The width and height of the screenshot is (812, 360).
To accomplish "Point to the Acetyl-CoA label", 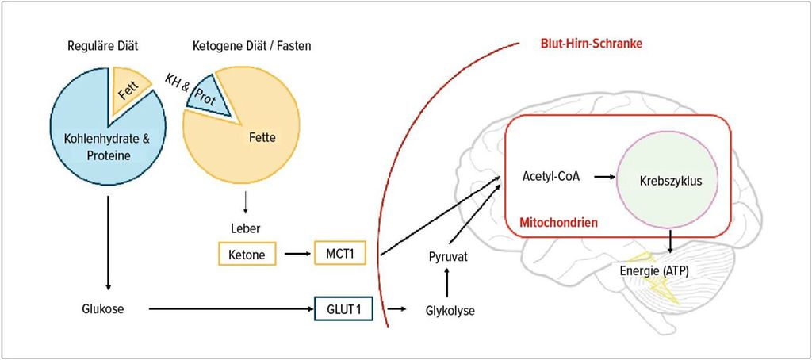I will (x=551, y=176).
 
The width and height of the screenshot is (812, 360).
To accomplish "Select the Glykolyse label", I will (x=450, y=310).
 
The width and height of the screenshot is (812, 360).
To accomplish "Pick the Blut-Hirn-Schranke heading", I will (x=590, y=44).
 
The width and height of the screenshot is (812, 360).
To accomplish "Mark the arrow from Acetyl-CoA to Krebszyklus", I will (x=604, y=177).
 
